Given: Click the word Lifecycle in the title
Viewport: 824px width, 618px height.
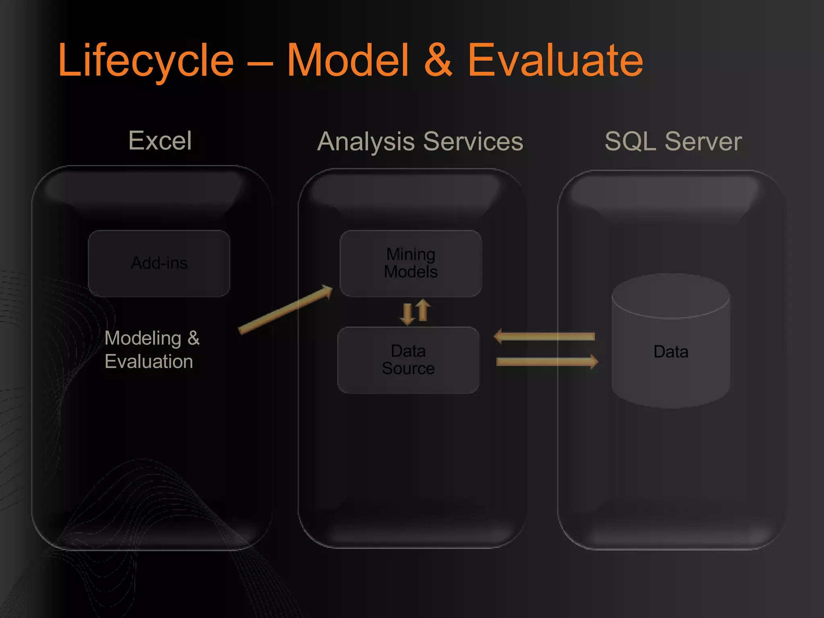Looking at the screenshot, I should tap(146, 60).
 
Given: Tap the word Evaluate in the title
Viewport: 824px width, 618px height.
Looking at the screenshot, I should tap(555, 60).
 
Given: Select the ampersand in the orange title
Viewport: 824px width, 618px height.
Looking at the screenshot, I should tap(438, 60).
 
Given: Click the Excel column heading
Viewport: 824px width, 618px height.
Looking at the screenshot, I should tap(160, 140).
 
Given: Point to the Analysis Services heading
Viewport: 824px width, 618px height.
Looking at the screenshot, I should tap(420, 141).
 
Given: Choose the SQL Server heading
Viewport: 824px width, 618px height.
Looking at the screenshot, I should tap(673, 141).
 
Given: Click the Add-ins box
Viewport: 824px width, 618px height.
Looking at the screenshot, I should tap(159, 263).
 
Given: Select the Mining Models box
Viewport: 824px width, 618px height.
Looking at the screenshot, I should tap(411, 263).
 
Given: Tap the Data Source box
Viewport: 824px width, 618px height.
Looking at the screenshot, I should tap(408, 360).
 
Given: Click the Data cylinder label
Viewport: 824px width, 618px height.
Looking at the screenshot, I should tap(671, 352).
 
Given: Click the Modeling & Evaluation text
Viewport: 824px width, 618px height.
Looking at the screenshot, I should tap(152, 349).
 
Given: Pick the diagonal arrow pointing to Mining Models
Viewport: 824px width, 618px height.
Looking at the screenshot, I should tap(286, 309).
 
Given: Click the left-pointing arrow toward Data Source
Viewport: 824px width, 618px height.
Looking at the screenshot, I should tap(544, 336).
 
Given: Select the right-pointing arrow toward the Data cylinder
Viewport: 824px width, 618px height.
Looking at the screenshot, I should tap(547, 361).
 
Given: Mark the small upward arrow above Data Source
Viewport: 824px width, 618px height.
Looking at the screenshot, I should tap(422, 310).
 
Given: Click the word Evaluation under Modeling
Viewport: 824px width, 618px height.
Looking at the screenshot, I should tap(148, 361).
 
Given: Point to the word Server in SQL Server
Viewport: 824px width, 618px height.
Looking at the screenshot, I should tap(703, 141).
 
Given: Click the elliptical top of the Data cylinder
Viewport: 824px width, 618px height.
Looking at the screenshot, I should tap(671, 296).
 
